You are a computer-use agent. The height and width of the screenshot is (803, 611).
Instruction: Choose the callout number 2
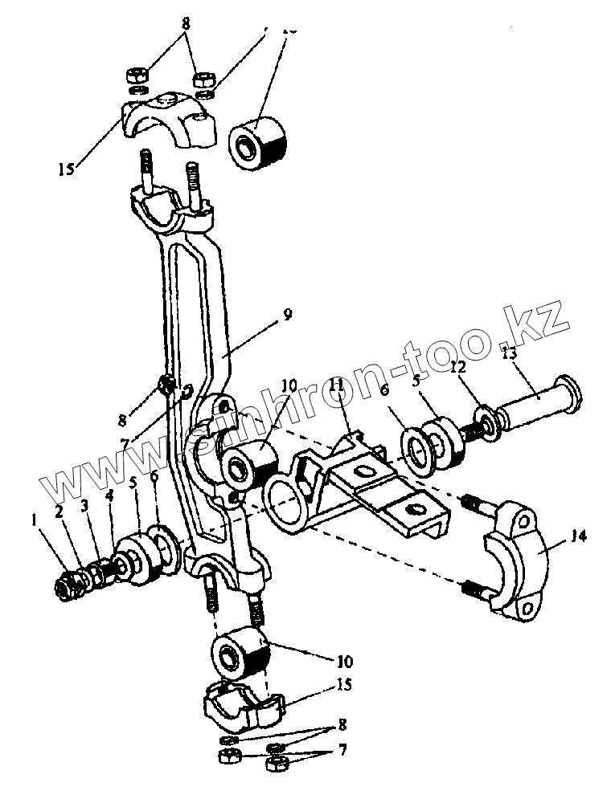pyautogui.click(x=58, y=511)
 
